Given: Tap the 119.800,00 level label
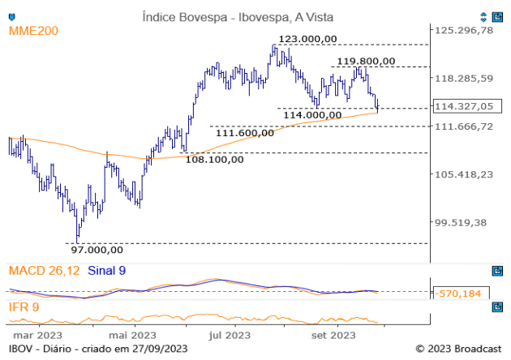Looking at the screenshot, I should pos(366,61).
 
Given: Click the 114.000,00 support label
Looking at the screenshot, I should pos(312,115).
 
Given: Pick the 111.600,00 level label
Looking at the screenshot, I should pos(244,133).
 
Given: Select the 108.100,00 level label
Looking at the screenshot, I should pos(215,159).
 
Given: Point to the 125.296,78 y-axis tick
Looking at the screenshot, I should pos(464,31).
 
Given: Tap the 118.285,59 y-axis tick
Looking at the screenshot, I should pos(464,79).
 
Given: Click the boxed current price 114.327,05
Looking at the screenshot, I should pos(464,106).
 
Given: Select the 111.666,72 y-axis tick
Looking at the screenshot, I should pos(464,126).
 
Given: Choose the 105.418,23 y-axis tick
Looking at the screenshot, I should pos(464,174).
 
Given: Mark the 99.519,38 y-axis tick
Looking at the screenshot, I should pos(464,222).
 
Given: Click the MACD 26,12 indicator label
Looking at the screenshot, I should pos(44,270).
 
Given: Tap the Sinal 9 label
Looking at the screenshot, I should pos(106,270).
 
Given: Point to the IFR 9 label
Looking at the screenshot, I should pos(25,307).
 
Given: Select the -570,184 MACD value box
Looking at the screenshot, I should pos(462,293).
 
